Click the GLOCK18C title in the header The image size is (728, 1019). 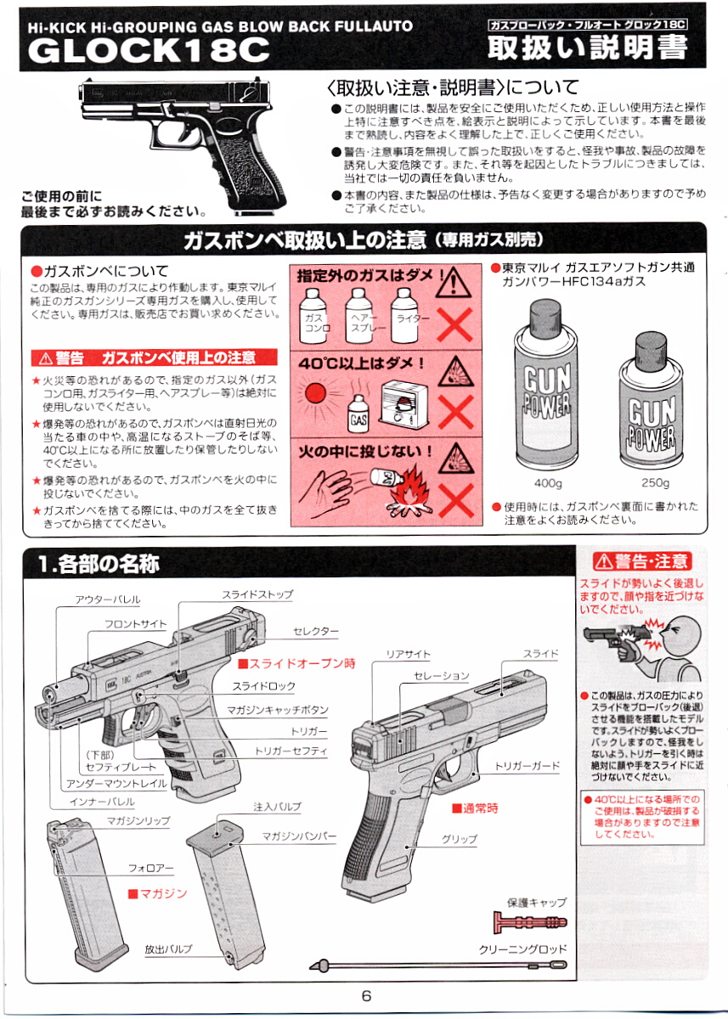pyautogui.click(x=149, y=49)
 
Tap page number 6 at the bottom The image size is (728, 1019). pyautogui.click(x=366, y=996)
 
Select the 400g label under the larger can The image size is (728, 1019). pyautogui.click(x=548, y=482)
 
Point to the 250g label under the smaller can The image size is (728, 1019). pyautogui.click(x=655, y=482)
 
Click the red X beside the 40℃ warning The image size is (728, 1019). pyautogui.click(x=455, y=412)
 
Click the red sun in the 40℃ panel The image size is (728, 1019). pyautogui.click(x=315, y=392)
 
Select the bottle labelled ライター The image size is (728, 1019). pyautogui.click(x=405, y=316)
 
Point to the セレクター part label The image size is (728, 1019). pyautogui.click(x=316, y=631)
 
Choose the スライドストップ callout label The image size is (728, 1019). pyautogui.click(x=257, y=594)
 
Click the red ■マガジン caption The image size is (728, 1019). pyautogui.click(x=157, y=893)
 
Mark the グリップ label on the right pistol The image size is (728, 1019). pyautogui.click(x=460, y=839)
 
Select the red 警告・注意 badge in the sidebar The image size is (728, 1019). pyautogui.click(x=642, y=561)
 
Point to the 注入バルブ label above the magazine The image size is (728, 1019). pyautogui.click(x=277, y=807)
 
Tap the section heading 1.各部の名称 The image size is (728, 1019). pyautogui.click(x=99, y=564)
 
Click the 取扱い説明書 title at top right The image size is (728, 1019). pyautogui.click(x=587, y=48)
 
